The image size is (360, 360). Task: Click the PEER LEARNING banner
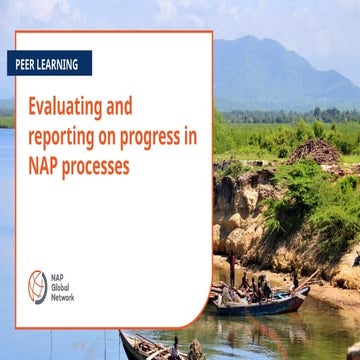46,64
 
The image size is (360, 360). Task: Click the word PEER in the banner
28,64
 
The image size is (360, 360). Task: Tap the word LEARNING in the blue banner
59,64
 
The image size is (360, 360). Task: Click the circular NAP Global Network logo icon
37,286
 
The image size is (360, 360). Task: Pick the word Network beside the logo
64,297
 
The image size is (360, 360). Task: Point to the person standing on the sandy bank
233,270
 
